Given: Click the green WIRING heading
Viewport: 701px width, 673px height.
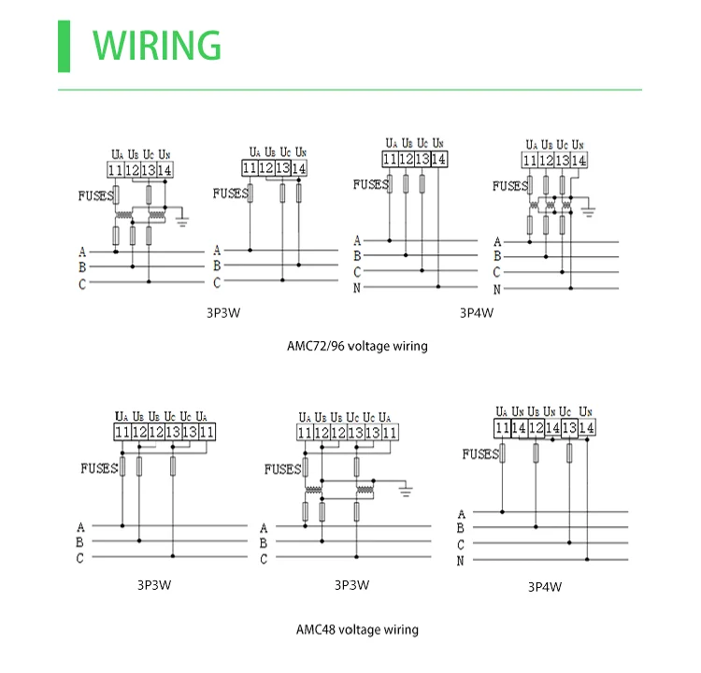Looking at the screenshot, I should [x=157, y=44].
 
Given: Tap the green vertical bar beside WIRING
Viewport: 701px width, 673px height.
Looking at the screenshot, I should [x=64, y=44].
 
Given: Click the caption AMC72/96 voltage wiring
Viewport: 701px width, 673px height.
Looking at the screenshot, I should [x=357, y=346].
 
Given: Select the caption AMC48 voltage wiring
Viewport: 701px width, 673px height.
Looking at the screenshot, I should [x=358, y=629].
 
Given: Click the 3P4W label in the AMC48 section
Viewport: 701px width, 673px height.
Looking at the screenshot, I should [x=544, y=587].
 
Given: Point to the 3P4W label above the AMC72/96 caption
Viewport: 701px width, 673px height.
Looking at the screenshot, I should [x=476, y=313].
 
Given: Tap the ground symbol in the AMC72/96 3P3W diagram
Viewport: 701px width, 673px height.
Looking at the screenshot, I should [x=183, y=221].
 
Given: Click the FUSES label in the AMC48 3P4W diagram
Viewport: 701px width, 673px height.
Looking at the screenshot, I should [x=480, y=454].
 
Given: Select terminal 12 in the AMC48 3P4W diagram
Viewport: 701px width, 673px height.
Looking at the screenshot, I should [x=536, y=428].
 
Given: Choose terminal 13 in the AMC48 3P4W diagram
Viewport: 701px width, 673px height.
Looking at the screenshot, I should [x=569, y=428].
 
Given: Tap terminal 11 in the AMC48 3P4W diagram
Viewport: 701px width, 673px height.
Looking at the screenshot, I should [x=503, y=428].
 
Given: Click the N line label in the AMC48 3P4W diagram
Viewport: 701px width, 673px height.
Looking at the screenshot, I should [x=461, y=561].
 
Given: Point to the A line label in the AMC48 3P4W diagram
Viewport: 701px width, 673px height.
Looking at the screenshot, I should [x=461, y=513].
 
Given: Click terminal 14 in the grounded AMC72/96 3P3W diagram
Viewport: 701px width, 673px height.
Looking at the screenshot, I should [x=165, y=170].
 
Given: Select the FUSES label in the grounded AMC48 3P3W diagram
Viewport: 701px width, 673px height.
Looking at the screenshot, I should [x=282, y=468].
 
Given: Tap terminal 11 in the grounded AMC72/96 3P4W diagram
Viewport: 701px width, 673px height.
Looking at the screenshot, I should [x=529, y=161].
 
